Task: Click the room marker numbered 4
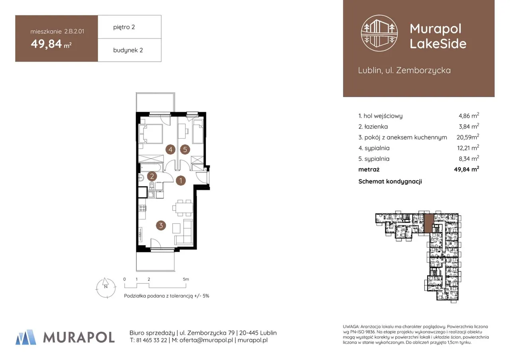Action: pyautogui.click(x=170, y=149)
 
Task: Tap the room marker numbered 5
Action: pyautogui.click(x=185, y=149)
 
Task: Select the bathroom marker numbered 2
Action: pyautogui.click(x=152, y=176)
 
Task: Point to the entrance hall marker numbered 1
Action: pyautogui.click(x=181, y=181)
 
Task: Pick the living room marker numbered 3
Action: pyautogui.click(x=161, y=225)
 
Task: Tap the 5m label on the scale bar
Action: pyautogui.click(x=186, y=279)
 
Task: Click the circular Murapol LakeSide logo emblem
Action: pyautogui.click(x=379, y=33)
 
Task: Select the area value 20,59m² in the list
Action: pyautogui.click(x=468, y=137)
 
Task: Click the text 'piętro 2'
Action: pyautogui.click(x=124, y=27)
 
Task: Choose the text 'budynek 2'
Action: pyautogui.click(x=128, y=50)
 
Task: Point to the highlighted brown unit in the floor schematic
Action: pyautogui.click(x=429, y=223)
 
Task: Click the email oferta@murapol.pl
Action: pyautogui.click(x=206, y=340)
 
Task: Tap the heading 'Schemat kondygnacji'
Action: pyautogui.click(x=390, y=181)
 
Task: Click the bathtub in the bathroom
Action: pyautogui.click(x=151, y=168)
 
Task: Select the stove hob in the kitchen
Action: pyautogui.click(x=143, y=208)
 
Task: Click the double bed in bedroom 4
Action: pyautogui.click(x=151, y=134)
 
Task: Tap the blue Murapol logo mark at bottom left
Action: pyautogui.click(x=26, y=337)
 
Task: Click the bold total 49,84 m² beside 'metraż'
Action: pyautogui.click(x=467, y=169)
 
